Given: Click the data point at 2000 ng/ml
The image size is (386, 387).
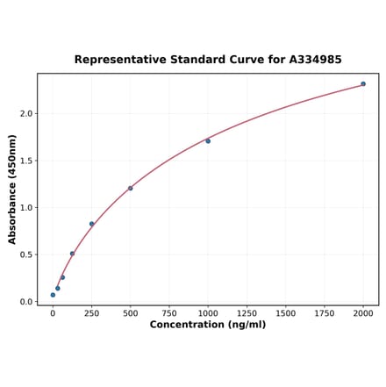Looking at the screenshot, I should click(363, 84).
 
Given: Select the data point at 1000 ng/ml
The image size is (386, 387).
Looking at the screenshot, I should click(208, 141).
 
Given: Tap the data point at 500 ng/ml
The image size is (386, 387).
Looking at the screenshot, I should click(131, 188).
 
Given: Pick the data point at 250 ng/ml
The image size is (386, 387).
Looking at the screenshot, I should click(91, 224).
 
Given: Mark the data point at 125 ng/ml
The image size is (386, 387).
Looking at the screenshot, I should click(72, 254).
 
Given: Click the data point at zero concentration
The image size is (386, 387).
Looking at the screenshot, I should click(53, 295).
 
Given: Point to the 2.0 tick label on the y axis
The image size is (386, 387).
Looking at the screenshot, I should click(25, 114).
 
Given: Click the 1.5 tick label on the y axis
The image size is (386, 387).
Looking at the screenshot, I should click(25, 161).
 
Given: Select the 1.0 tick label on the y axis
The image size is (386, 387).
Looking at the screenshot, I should click(25, 208).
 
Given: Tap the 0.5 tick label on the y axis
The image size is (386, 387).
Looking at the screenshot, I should click(25, 255).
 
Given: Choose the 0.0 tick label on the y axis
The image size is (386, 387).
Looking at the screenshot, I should click(25, 302).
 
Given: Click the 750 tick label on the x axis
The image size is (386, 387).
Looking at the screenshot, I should click(169, 312).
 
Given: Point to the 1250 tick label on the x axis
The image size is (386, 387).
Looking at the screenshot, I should click(247, 312).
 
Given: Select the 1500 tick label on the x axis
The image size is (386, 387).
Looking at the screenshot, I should click(285, 312).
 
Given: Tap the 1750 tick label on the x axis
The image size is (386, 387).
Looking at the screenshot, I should click(325, 312).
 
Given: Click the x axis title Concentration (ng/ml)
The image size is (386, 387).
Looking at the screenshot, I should click(208, 325).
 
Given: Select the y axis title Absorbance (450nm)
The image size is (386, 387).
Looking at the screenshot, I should click(12, 190).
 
